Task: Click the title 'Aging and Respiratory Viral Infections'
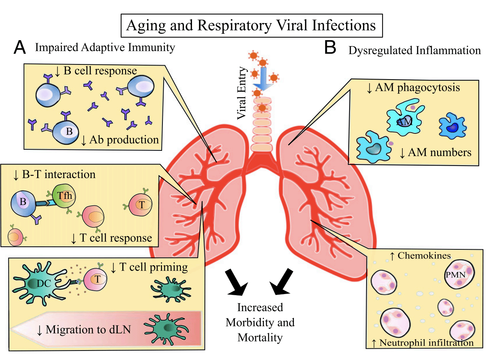(x=251, y=25)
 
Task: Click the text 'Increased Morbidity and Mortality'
(x=260, y=322)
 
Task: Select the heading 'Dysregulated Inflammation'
(x=414, y=50)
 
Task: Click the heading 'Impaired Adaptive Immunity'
(x=105, y=47)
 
